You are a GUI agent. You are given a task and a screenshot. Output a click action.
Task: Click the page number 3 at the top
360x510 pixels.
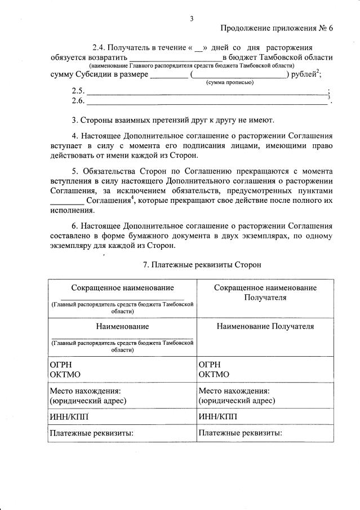click(192, 19)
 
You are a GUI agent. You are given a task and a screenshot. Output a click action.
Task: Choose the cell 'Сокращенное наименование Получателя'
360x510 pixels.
click(265, 292)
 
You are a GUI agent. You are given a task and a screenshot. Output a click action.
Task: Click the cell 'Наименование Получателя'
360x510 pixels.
click(265, 326)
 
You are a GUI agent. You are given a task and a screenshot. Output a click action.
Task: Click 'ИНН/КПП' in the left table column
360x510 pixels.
click(69, 416)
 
